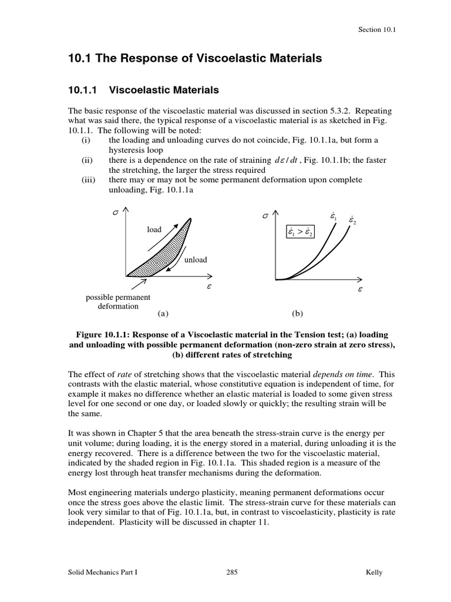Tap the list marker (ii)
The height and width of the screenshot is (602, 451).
pos(87,160)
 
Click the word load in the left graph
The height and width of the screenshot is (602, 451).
pos(154,229)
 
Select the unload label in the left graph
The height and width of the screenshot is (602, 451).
pos(196,259)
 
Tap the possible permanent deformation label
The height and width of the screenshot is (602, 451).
pos(118,302)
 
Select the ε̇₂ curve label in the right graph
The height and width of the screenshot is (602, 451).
pos(352,220)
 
